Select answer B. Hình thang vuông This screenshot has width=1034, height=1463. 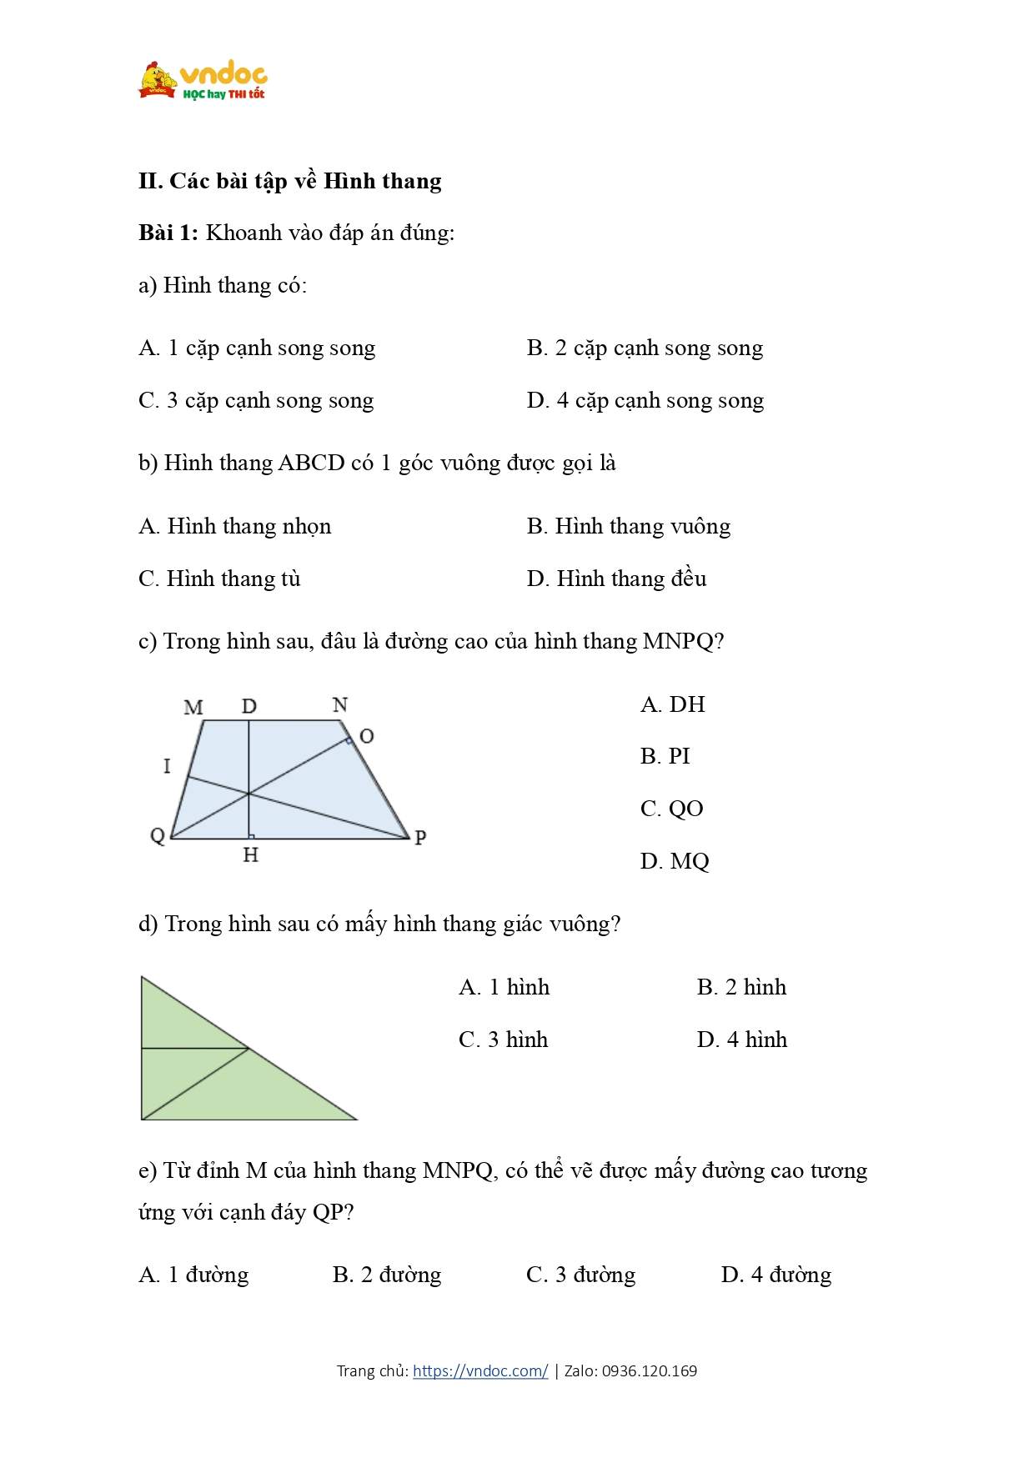[628, 526]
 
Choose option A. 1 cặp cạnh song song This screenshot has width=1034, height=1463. [257, 348]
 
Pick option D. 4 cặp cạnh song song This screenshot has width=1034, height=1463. [645, 401]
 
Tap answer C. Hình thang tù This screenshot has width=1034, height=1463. [219, 579]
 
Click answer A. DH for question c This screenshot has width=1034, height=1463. [672, 704]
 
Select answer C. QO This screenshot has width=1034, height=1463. [671, 809]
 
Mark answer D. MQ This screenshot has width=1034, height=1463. [674, 861]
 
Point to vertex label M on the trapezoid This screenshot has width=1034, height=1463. [193, 708]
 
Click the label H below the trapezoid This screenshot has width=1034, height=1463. [251, 855]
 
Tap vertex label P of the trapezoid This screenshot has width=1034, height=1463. [420, 837]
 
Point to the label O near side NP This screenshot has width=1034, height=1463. [366, 736]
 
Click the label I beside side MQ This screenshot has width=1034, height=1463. [167, 765]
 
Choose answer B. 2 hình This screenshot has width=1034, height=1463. [741, 987]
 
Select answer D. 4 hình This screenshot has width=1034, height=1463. [741, 1040]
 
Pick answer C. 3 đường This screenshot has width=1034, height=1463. [580, 1275]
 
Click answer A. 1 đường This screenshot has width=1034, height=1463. [193, 1275]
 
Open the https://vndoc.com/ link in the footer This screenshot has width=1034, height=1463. [480, 1371]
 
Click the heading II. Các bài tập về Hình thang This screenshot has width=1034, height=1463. [290, 181]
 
